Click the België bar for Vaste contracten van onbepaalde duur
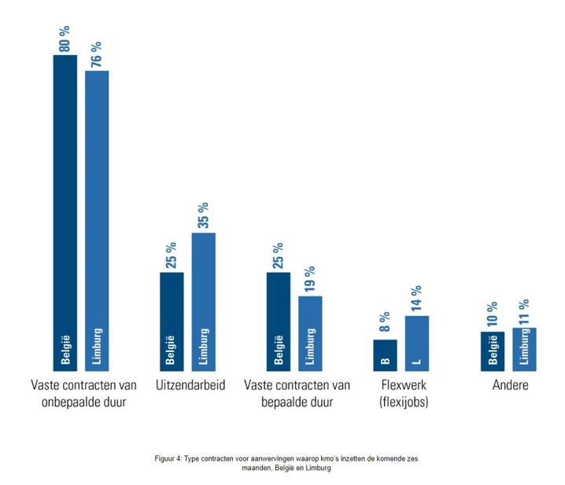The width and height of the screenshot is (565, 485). [x=65, y=212]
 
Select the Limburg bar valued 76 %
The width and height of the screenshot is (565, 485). [x=97, y=220]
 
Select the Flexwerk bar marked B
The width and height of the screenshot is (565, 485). [x=385, y=355]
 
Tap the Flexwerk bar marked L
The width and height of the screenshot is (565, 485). [x=416, y=343]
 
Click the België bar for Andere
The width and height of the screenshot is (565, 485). [x=493, y=351]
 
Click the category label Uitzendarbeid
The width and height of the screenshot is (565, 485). [x=186, y=386]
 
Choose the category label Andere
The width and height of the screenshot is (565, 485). [x=511, y=386]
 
